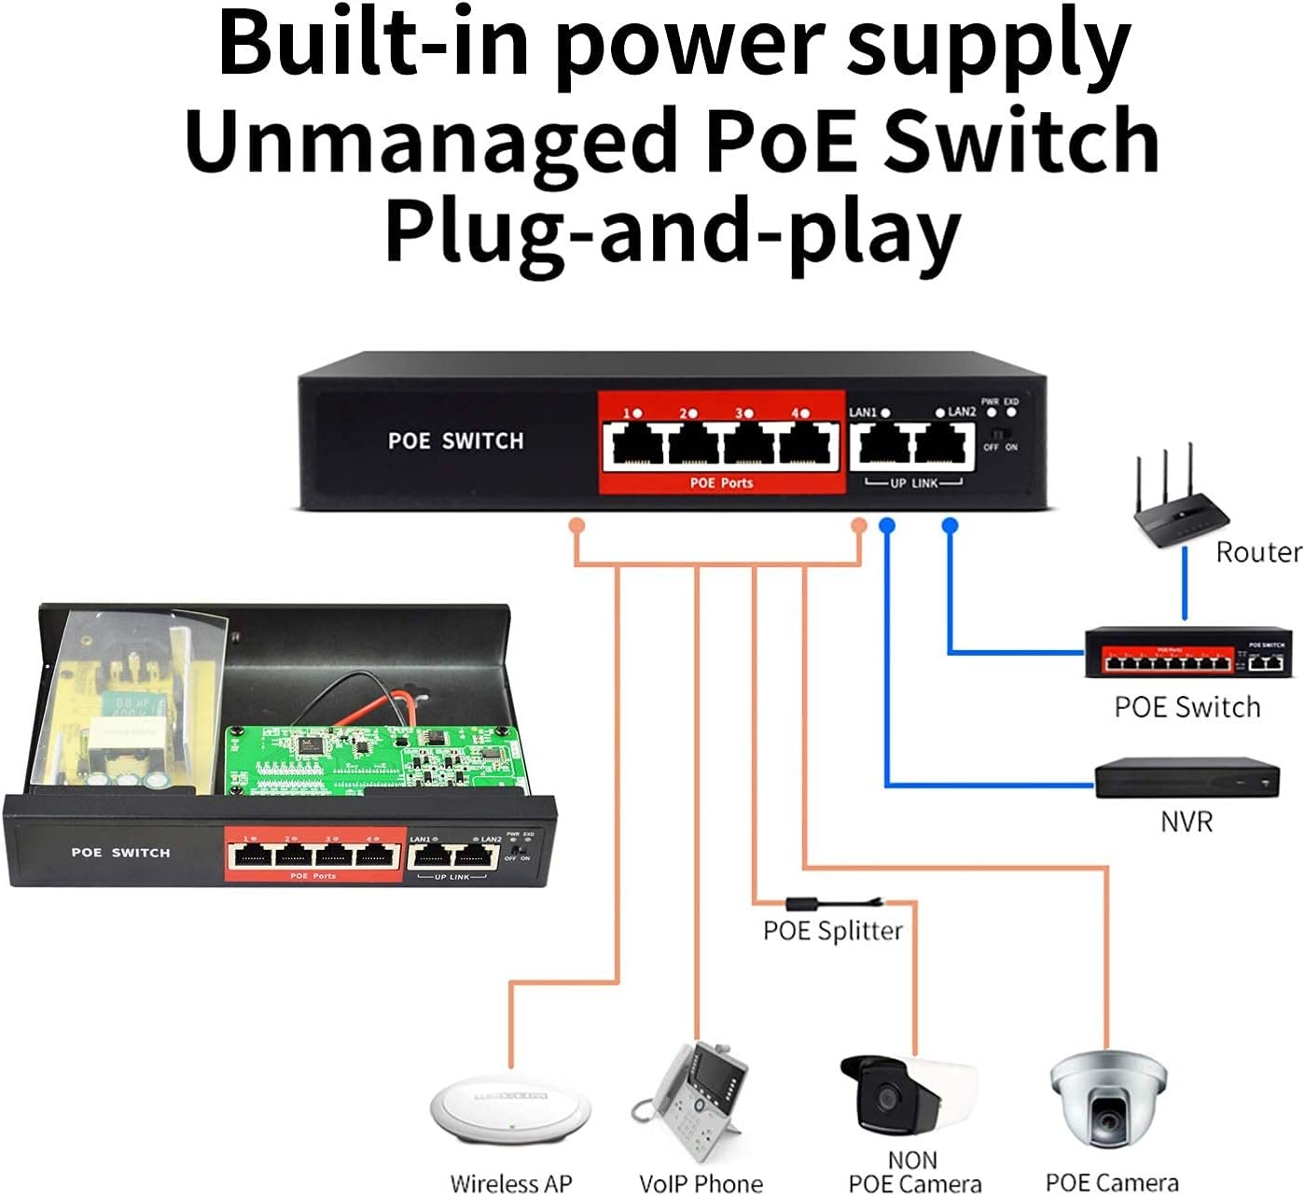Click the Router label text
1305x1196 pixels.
(1257, 552)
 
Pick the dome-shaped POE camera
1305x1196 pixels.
(1108, 1100)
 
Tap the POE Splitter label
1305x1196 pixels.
(832, 931)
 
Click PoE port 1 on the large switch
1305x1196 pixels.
(634, 446)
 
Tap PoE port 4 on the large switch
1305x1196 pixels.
(808, 446)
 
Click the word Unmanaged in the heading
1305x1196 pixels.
(429, 140)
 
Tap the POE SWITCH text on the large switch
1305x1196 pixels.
(455, 440)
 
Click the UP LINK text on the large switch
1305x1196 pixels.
(913, 483)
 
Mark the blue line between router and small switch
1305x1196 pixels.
(1185, 583)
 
